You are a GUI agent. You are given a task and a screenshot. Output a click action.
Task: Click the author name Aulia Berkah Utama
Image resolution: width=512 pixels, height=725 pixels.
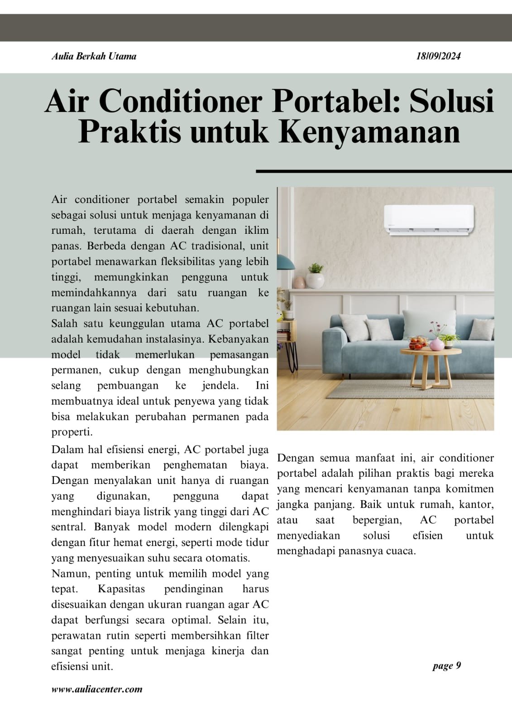94,56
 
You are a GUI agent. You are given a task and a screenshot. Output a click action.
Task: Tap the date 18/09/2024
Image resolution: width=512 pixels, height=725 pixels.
438,56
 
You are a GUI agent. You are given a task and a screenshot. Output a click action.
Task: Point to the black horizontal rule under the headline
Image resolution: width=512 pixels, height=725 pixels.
383,171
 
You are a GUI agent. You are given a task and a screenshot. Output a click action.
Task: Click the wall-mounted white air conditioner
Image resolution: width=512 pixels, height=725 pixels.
429,220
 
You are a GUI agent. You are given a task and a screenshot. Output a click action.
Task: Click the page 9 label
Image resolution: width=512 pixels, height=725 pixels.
446,666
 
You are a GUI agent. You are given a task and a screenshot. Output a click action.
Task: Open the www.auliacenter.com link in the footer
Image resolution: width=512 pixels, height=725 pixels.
97,689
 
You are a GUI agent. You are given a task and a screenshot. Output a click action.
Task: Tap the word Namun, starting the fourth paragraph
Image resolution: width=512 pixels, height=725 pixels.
67,574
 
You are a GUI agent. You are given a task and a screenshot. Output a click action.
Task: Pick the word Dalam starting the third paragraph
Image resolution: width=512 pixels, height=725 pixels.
66,449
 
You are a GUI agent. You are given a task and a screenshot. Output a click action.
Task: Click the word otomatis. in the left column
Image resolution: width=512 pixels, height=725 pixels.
228,558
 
